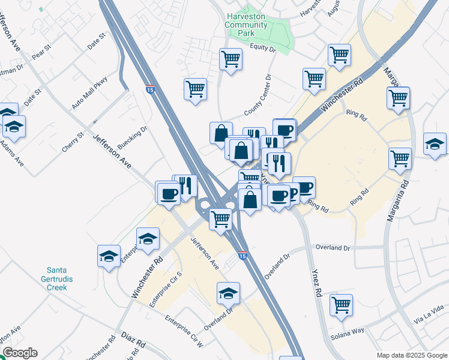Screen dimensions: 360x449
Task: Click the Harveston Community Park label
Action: tap(245, 25)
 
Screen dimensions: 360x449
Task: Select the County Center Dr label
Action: tap(259, 95)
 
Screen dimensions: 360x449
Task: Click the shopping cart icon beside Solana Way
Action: tap(341, 304)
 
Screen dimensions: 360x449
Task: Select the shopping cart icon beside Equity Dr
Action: tap(231, 59)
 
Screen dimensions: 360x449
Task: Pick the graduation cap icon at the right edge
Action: tap(435, 143)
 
